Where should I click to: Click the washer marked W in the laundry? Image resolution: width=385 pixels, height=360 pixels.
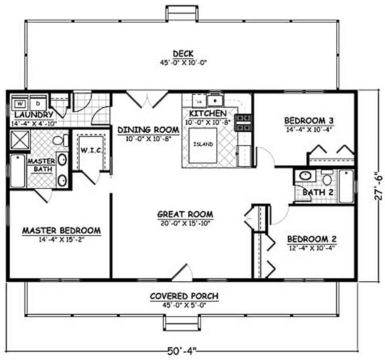click(x=20, y=104)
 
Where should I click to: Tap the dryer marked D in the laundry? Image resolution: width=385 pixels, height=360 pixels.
click(x=38, y=104)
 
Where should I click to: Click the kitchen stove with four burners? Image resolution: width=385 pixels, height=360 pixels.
click(x=243, y=122)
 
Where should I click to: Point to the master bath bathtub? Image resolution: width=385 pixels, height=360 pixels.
click(x=17, y=171)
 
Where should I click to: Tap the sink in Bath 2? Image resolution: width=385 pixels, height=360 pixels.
click(x=306, y=176)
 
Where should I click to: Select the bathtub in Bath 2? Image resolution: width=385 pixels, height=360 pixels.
click(x=346, y=186)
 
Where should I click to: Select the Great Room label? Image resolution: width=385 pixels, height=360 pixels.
click(x=185, y=214)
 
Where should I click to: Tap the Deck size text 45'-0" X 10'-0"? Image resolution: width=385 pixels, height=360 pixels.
click(x=184, y=62)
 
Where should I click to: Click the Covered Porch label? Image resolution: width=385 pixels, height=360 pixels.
click(x=184, y=296)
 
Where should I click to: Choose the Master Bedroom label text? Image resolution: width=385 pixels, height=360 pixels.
click(x=62, y=231)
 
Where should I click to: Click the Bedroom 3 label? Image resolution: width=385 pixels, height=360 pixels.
click(x=309, y=121)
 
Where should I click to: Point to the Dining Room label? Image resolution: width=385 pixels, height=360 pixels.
click(x=148, y=129)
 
